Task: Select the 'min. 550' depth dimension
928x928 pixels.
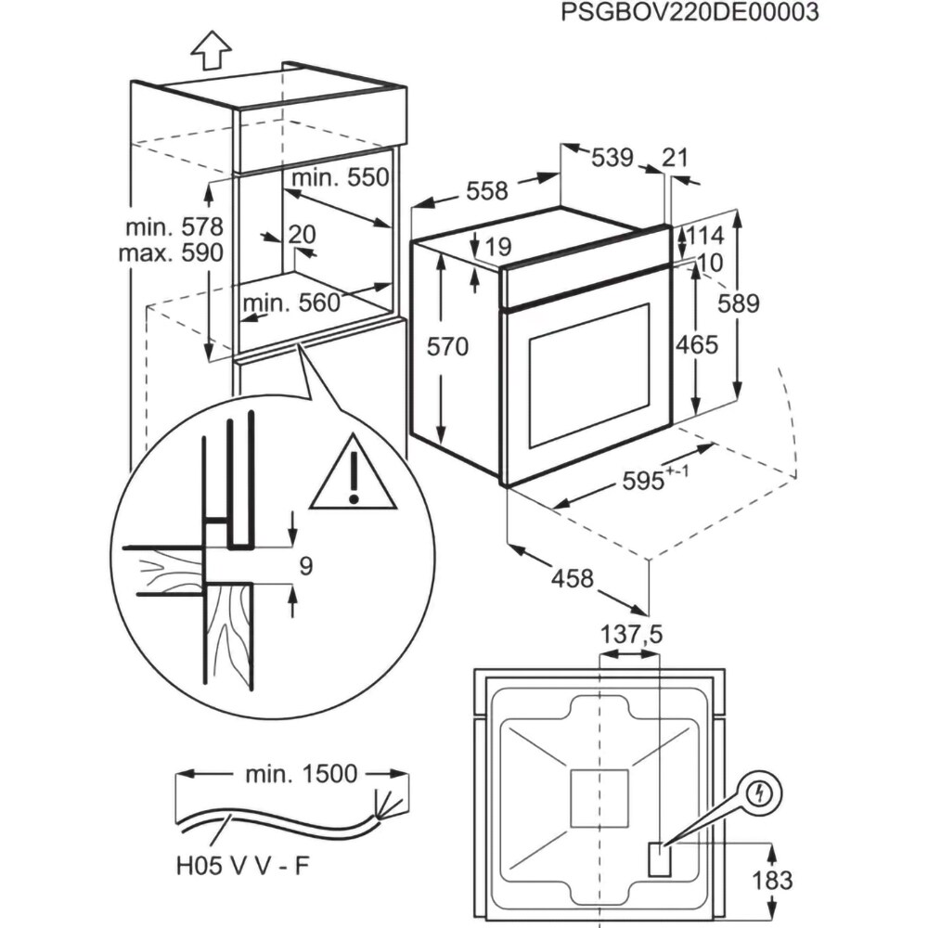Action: (x=339, y=177)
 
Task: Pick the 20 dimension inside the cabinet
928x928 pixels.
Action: (x=302, y=234)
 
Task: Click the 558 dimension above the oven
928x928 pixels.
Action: (x=486, y=191)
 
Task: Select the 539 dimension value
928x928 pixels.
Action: (x=612, y=158)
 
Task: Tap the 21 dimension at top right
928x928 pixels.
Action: (x=677, y=158)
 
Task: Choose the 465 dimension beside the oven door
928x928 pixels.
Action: (x=697, y=345)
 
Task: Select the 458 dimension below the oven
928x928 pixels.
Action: (x=573, y=578)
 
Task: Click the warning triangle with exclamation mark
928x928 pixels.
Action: (x=354, y=477)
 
